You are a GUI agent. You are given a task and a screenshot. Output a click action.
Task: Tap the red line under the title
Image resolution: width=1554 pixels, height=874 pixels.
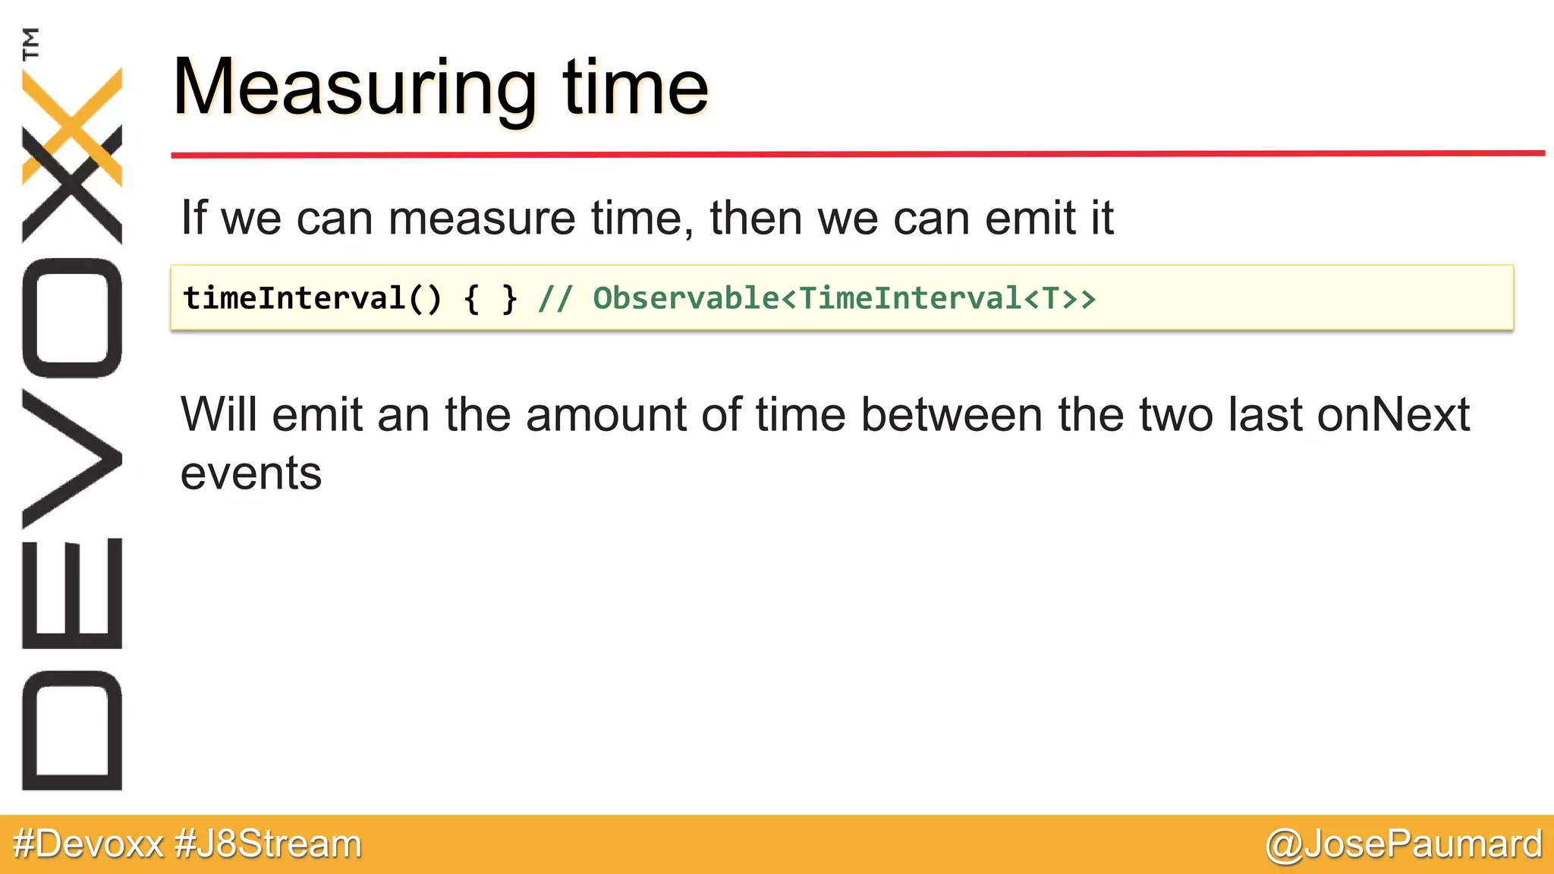[857, 154]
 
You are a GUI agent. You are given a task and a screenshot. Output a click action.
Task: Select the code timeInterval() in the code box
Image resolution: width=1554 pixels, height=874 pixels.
[312, 298]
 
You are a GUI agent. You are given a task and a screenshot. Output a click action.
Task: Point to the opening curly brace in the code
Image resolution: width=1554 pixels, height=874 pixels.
[472, 299]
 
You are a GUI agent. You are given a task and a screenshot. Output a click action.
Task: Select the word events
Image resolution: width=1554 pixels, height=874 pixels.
[251, 473]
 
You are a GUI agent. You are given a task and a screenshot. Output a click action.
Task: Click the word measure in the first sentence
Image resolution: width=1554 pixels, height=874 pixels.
[483, 218]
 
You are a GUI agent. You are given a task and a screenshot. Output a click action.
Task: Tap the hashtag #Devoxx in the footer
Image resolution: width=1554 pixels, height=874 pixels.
[89, 844]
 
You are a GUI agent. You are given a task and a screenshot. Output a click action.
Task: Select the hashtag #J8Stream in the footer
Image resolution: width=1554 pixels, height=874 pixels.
[269, 844]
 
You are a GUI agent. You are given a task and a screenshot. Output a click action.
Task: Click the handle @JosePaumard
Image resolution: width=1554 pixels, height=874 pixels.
[1404, 844]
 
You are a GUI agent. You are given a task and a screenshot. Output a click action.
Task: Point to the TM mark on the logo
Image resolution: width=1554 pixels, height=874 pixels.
[31, 44]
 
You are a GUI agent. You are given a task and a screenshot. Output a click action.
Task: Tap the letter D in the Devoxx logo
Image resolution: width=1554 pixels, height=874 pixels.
[72, 731]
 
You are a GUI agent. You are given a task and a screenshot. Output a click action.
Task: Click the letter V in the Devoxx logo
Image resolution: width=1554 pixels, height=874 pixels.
[72, 458]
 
